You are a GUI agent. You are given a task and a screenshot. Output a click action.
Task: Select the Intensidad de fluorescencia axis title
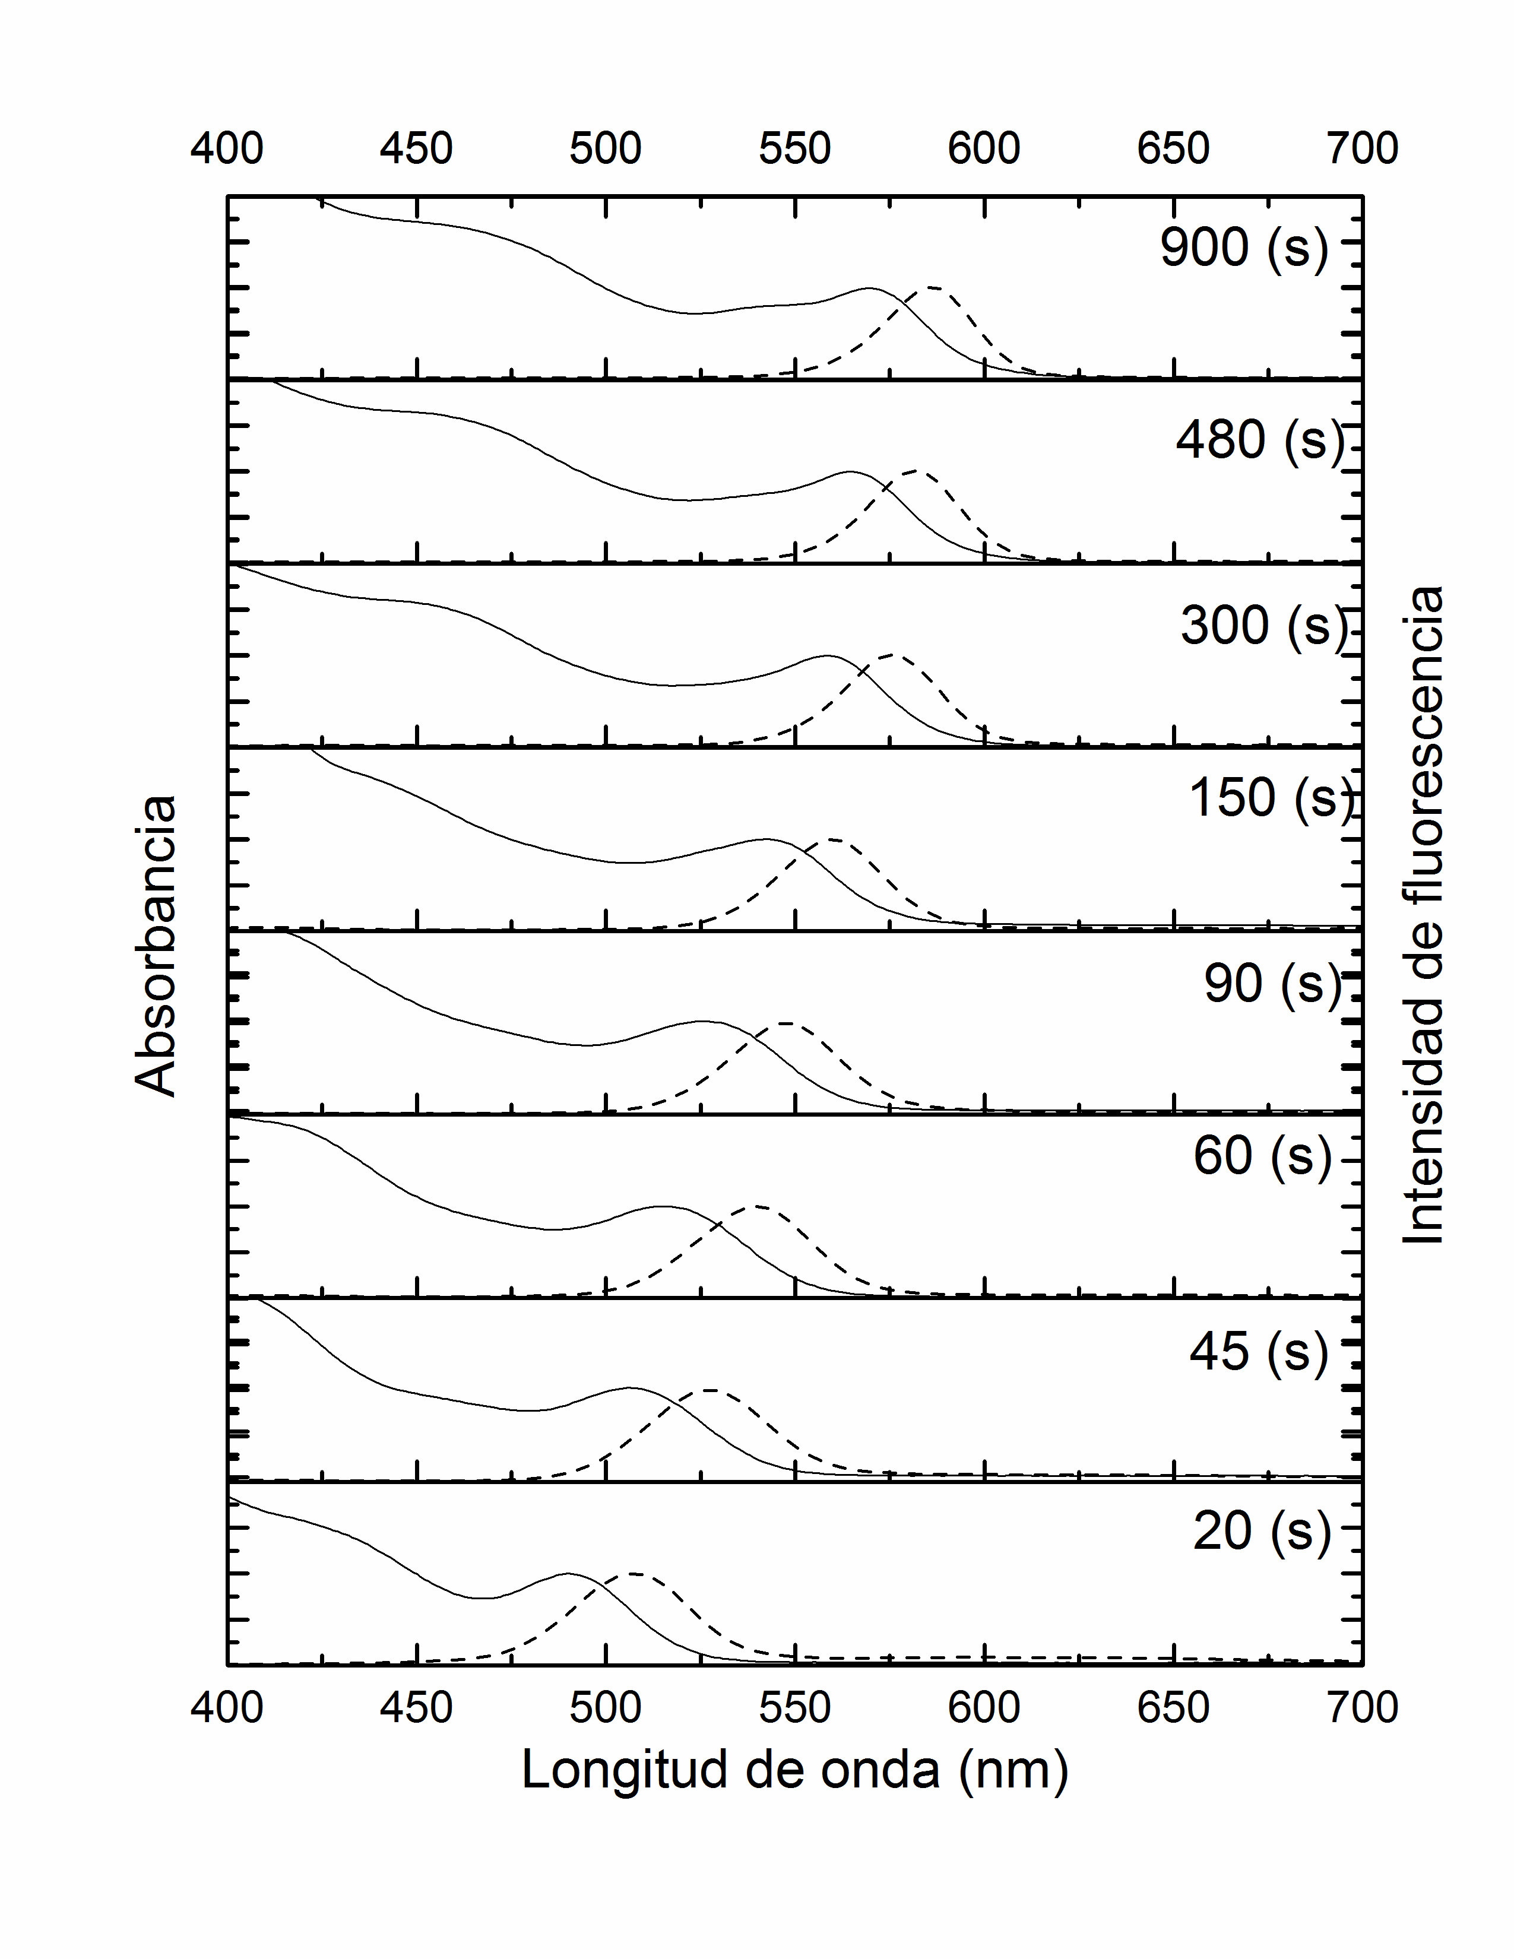(1423, 915)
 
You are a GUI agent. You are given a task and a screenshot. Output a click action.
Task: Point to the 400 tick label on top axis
(227, 148)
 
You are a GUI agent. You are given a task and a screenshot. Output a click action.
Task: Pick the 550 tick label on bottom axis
(794, 1707)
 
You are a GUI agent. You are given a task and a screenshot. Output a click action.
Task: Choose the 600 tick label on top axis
(984, 148)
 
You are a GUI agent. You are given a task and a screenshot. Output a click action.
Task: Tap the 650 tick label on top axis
(1173, 148)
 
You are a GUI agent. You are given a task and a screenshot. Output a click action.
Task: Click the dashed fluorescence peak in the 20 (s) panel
(634, 1573)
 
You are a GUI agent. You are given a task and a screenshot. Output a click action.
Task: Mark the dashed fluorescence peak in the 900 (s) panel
(932, 288)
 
